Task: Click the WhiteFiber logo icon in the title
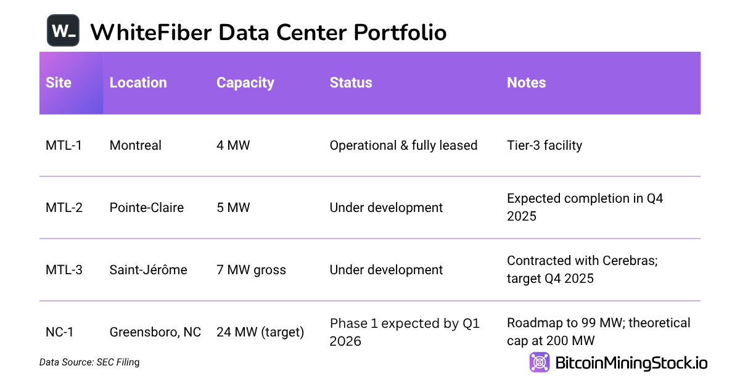[63, 30]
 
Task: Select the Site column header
[59, 83]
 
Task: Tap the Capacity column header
[245, 83]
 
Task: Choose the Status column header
[351, 83]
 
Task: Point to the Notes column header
[526, 83]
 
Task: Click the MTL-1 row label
[64, 145]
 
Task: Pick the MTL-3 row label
[64, 270]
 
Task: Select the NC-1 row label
[59, 332]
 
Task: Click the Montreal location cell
[135, 145]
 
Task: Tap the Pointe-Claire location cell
[147, 208]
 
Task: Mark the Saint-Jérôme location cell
[148, 270]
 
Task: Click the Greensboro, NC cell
[155, 332]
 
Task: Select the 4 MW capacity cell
[233, 145]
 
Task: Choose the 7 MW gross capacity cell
[251, 270]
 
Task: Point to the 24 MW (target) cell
[260, 332]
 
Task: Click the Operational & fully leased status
[403, 145]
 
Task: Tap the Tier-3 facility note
[545, 145]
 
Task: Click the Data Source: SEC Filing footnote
[89, 362]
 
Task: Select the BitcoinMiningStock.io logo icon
[540, 362]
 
